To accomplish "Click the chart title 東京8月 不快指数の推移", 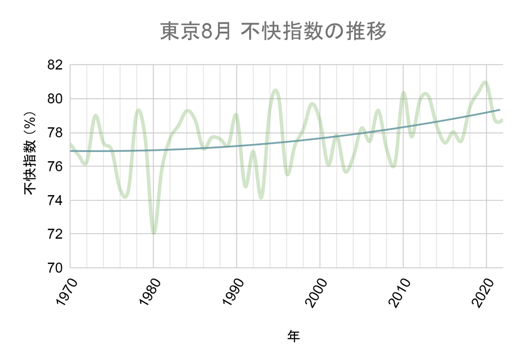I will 273,32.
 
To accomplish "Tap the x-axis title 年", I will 293,336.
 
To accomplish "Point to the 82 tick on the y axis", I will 55,65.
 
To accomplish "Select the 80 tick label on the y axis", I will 55,99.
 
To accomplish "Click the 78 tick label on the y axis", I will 55,132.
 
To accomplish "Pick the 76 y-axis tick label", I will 55,166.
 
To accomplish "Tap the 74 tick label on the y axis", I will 55,200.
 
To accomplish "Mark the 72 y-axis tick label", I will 55,234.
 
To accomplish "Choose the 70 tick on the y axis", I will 55,268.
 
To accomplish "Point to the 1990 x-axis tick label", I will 231,292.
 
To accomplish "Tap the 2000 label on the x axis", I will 314,292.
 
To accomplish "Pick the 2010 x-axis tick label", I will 398,292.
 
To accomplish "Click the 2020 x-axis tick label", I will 481,292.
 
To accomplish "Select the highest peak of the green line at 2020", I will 485,82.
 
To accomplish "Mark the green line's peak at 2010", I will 403,93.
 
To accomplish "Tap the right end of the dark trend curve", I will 499,110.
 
